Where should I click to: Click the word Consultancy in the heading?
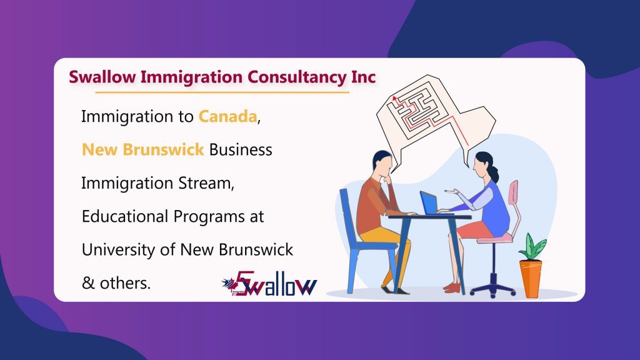[297, 77]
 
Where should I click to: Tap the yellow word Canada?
[227, 117]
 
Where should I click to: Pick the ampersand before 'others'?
[88, 283]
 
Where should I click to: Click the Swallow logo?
[269, 283]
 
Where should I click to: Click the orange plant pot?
[531, 278]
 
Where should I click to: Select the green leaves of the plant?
[532, 247]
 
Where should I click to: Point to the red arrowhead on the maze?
[394, 98]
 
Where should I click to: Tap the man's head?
[382, 162]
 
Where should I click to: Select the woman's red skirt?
[474, 229]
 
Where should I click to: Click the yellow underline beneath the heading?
[222, 92]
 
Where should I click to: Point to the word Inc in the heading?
[363, 77]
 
